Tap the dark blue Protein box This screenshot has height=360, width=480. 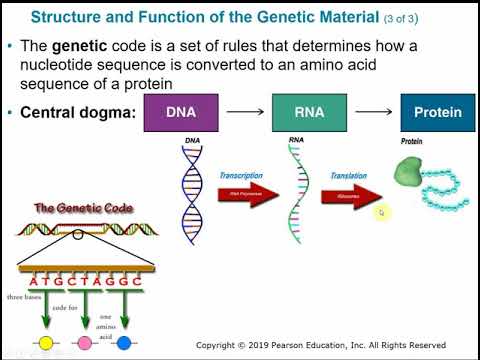pos(437,114)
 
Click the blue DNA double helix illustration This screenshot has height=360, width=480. pos(194,192)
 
